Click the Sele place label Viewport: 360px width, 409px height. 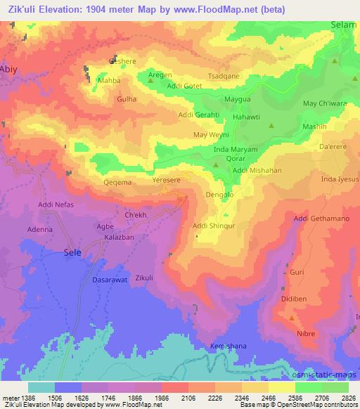pyautogui.click(x=73, y=251)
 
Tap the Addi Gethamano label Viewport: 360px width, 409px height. pyautogui.click(x=321, y=219)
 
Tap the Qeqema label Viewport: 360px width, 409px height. pyautogui.click(x=117, y=181)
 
